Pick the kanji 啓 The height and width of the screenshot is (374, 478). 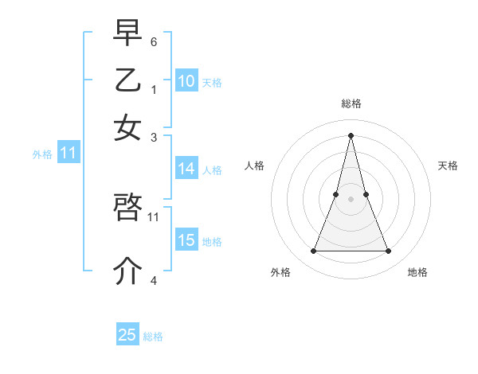coord(127,208)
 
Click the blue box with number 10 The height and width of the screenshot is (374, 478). coord(186,81)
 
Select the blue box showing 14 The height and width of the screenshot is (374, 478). coord(186,169)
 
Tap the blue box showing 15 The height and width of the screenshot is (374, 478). coord(186,240)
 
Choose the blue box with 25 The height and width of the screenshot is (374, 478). coord(127,335)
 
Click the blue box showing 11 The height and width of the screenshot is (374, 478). coord(68,153)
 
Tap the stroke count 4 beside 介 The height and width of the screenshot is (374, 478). coord(154,280)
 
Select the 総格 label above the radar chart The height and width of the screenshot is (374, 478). coord(351,103)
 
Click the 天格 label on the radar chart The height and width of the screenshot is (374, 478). coord(448,166)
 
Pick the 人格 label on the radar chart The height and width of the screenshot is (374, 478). coord(254,166)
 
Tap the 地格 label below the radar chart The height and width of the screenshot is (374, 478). coord(417,272)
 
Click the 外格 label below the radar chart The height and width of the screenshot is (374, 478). coord(280,272)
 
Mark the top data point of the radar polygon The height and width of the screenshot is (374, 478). coord(351,134)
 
